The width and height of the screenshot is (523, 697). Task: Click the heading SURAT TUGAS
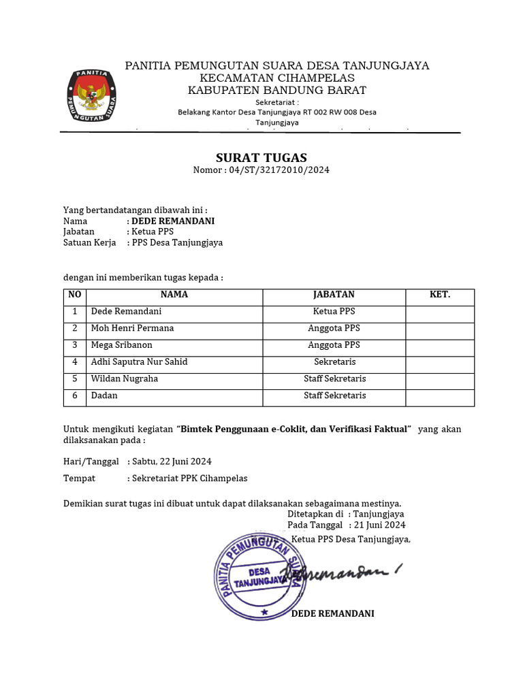click(x=261, y=157)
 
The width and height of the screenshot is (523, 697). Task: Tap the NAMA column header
click(x=174, y=295)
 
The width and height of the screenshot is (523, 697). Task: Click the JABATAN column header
click(x=334, y=295)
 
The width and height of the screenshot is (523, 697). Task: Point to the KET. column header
click(x=440, y=295)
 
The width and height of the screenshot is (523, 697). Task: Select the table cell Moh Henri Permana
click(x=132, y=328)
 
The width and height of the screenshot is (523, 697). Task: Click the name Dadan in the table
click(x=104, y=395)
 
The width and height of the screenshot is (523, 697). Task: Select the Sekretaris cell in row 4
click(x=334, y=362)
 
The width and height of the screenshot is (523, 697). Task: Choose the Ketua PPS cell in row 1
click(x=334, y=312)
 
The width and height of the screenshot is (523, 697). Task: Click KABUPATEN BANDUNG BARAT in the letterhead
click(x=276, y=90)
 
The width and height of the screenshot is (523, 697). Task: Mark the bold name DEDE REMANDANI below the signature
click(x=332, y=613)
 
